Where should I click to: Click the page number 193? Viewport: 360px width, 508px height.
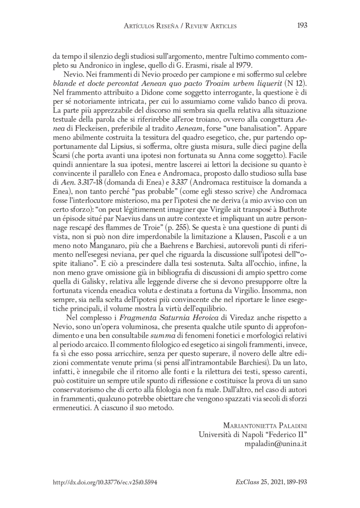[x=302, y=26]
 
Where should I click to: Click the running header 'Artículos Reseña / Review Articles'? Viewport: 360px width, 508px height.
[x=180, y=27]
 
